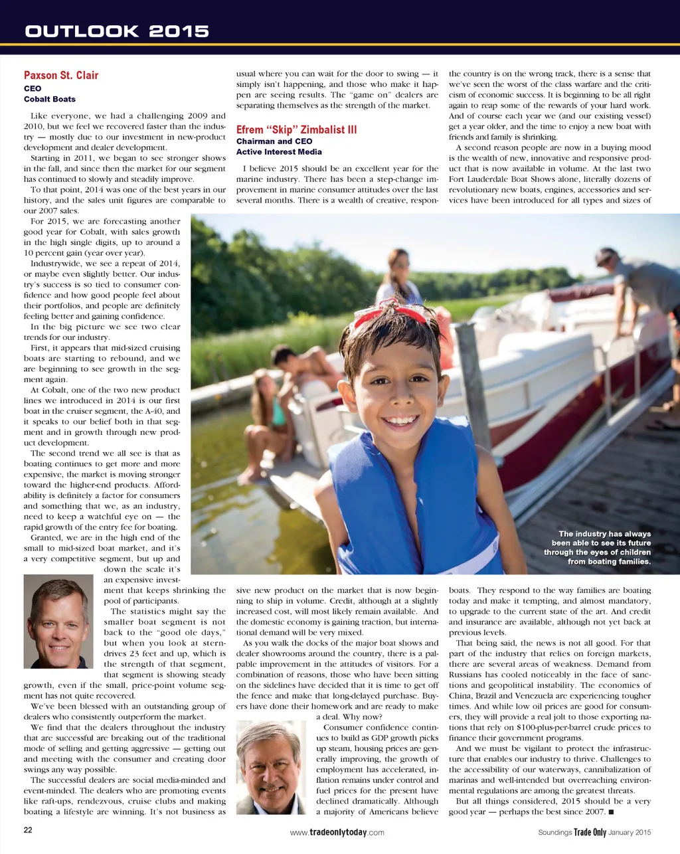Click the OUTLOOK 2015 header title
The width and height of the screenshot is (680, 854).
pos(117,31)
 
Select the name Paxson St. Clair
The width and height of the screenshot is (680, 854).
pos(61,76)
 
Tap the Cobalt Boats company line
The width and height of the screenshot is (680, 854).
pos(50,99)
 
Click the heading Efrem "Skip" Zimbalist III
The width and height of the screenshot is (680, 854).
pos(296,129)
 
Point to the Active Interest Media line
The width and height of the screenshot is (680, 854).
pos(279,151)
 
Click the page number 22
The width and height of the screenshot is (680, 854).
pos(29,830)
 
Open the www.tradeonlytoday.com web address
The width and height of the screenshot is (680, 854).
pos(337,832)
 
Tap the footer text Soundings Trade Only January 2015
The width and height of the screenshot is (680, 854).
pos(594,832)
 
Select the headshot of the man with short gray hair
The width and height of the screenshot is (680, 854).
pos(58,622)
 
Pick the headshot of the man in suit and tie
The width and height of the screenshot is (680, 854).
pos(271,768)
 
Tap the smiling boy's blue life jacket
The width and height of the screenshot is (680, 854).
pos(412,505)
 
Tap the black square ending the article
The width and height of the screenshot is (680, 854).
pos(610,812)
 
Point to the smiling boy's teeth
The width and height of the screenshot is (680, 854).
pos(402,420)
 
